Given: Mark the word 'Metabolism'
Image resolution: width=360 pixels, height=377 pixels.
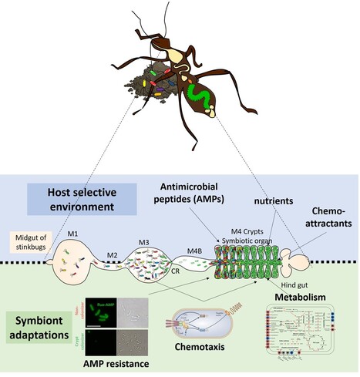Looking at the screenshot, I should point(295,296).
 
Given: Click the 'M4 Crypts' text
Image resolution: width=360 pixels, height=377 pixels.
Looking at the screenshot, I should point(246,232).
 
